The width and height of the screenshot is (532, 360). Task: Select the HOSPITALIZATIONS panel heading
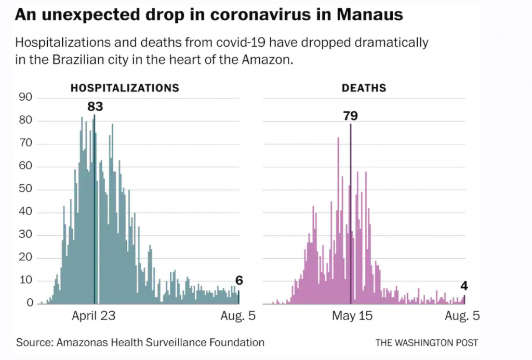pyautogui.click(x=125, y=88)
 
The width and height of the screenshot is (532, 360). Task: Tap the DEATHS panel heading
pyautogui.click(x=364, y=88)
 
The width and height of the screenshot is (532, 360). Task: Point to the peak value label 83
pyautogui.click(x=95, y=106)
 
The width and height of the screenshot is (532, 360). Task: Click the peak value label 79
pyautogui.click(x=351, y=115)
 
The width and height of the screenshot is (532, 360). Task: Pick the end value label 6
pyautogui.click(x=239, y=281)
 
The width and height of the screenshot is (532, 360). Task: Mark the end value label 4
pyautogui.click(x=464, y=286)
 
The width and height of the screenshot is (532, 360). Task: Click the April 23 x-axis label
pyautogui.click(x=94, y=316)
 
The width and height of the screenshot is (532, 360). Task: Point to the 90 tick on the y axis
pyautogui.click(x=25, y=98)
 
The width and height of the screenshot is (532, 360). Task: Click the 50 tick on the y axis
pyautogui.click(x=25, y=189)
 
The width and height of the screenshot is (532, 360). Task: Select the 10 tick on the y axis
pyautogui.click(x=25, y=281)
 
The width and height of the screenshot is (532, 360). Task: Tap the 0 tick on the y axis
pyautogui.click(x=30, y=303)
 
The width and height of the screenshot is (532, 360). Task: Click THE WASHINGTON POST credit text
pyautogui.click(x=427, y=343)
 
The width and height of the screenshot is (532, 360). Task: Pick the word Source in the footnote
pyautogui.click(x=34, y=342)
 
